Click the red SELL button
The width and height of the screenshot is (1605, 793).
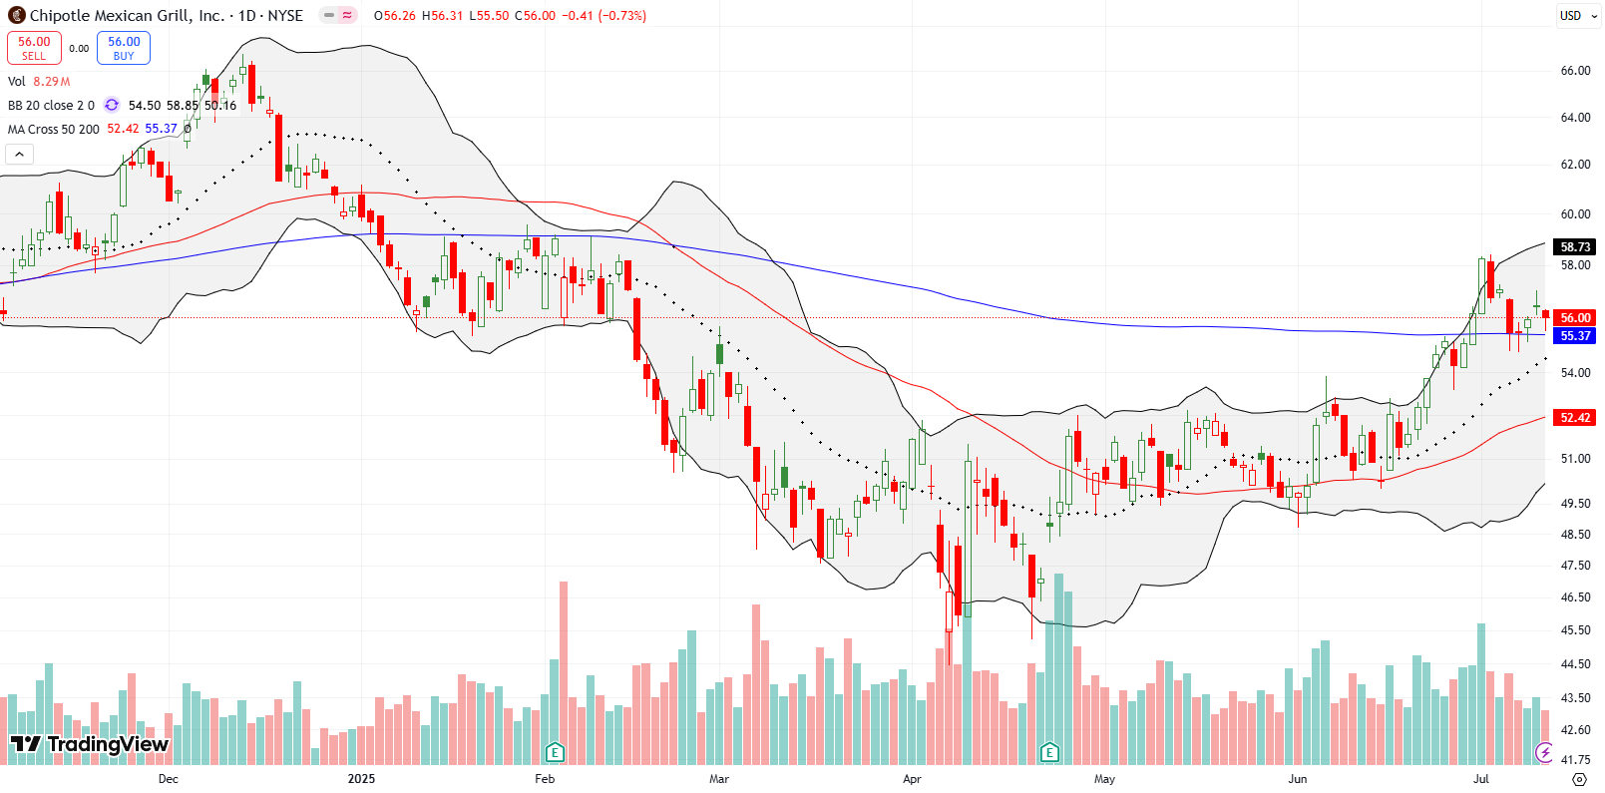coord(34,48)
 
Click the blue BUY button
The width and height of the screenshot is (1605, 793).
coord(124,48)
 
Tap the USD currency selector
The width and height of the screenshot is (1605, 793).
coord(1571,15)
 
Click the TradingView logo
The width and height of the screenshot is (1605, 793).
coord(90,744)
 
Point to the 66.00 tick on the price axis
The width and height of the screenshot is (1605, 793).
coord(1575,71)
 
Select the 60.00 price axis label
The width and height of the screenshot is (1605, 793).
coord(1575,214)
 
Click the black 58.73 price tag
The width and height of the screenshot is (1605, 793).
coord(1575,246)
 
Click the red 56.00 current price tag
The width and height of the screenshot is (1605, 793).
coord(1575,318)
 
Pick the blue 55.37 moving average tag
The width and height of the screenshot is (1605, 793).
coord(1575,336)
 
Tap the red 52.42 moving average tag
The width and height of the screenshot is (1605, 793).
coord(1575,418)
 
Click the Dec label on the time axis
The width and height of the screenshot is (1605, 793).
coord(168,779)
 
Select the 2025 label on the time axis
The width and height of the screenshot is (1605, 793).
coord(361,779)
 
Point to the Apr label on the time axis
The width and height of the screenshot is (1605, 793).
coord(912,779)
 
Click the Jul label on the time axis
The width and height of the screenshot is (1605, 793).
coord(1481,779)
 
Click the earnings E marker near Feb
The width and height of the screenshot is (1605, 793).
coord(555,752)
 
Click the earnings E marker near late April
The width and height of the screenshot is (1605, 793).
coord(1049,752)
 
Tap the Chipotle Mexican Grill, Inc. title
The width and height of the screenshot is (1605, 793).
coord(127,15)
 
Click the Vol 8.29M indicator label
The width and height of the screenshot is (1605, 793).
coord(39,82)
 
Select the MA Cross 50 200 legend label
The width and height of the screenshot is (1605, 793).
coord(54,129)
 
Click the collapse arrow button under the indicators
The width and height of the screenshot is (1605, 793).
coord(20,154)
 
